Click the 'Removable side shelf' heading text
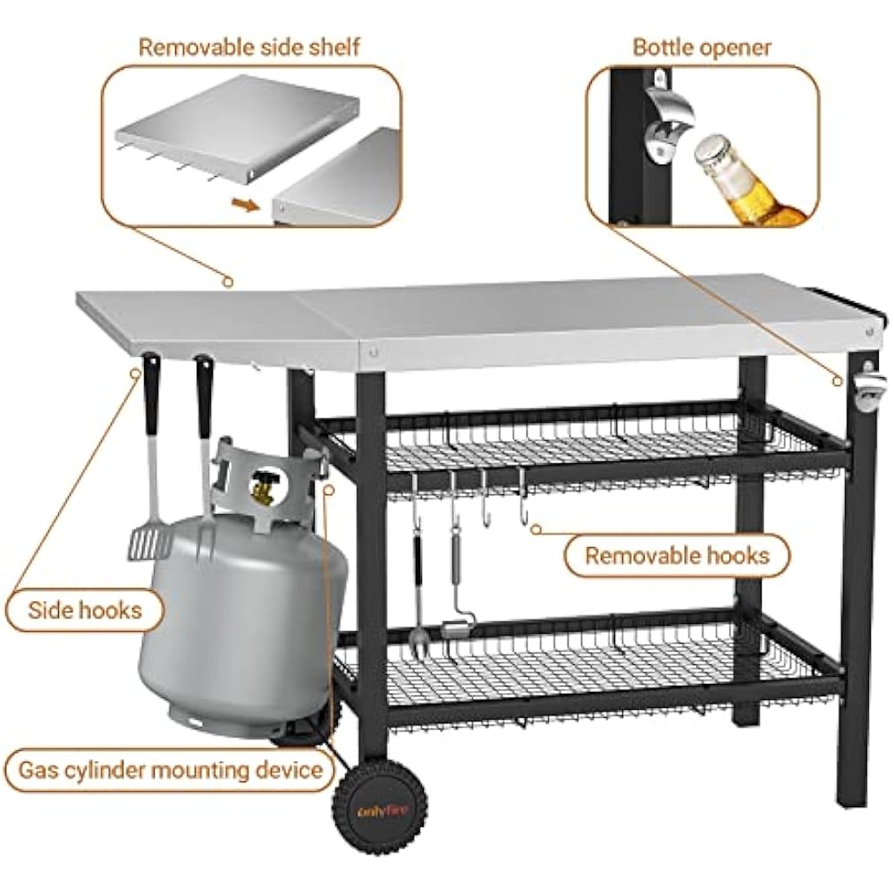(x=249, y=47)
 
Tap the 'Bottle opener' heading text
(x=702, y=47)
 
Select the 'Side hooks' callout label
(x=84, y=610)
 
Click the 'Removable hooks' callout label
(x=677, y=555)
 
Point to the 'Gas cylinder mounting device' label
(x=171, y=770)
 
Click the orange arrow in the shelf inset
(x=245, y=204)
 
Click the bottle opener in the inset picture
(x=670, y=117)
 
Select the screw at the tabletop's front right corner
(x=868, y=331)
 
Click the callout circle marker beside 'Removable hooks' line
(x=536, y=529)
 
